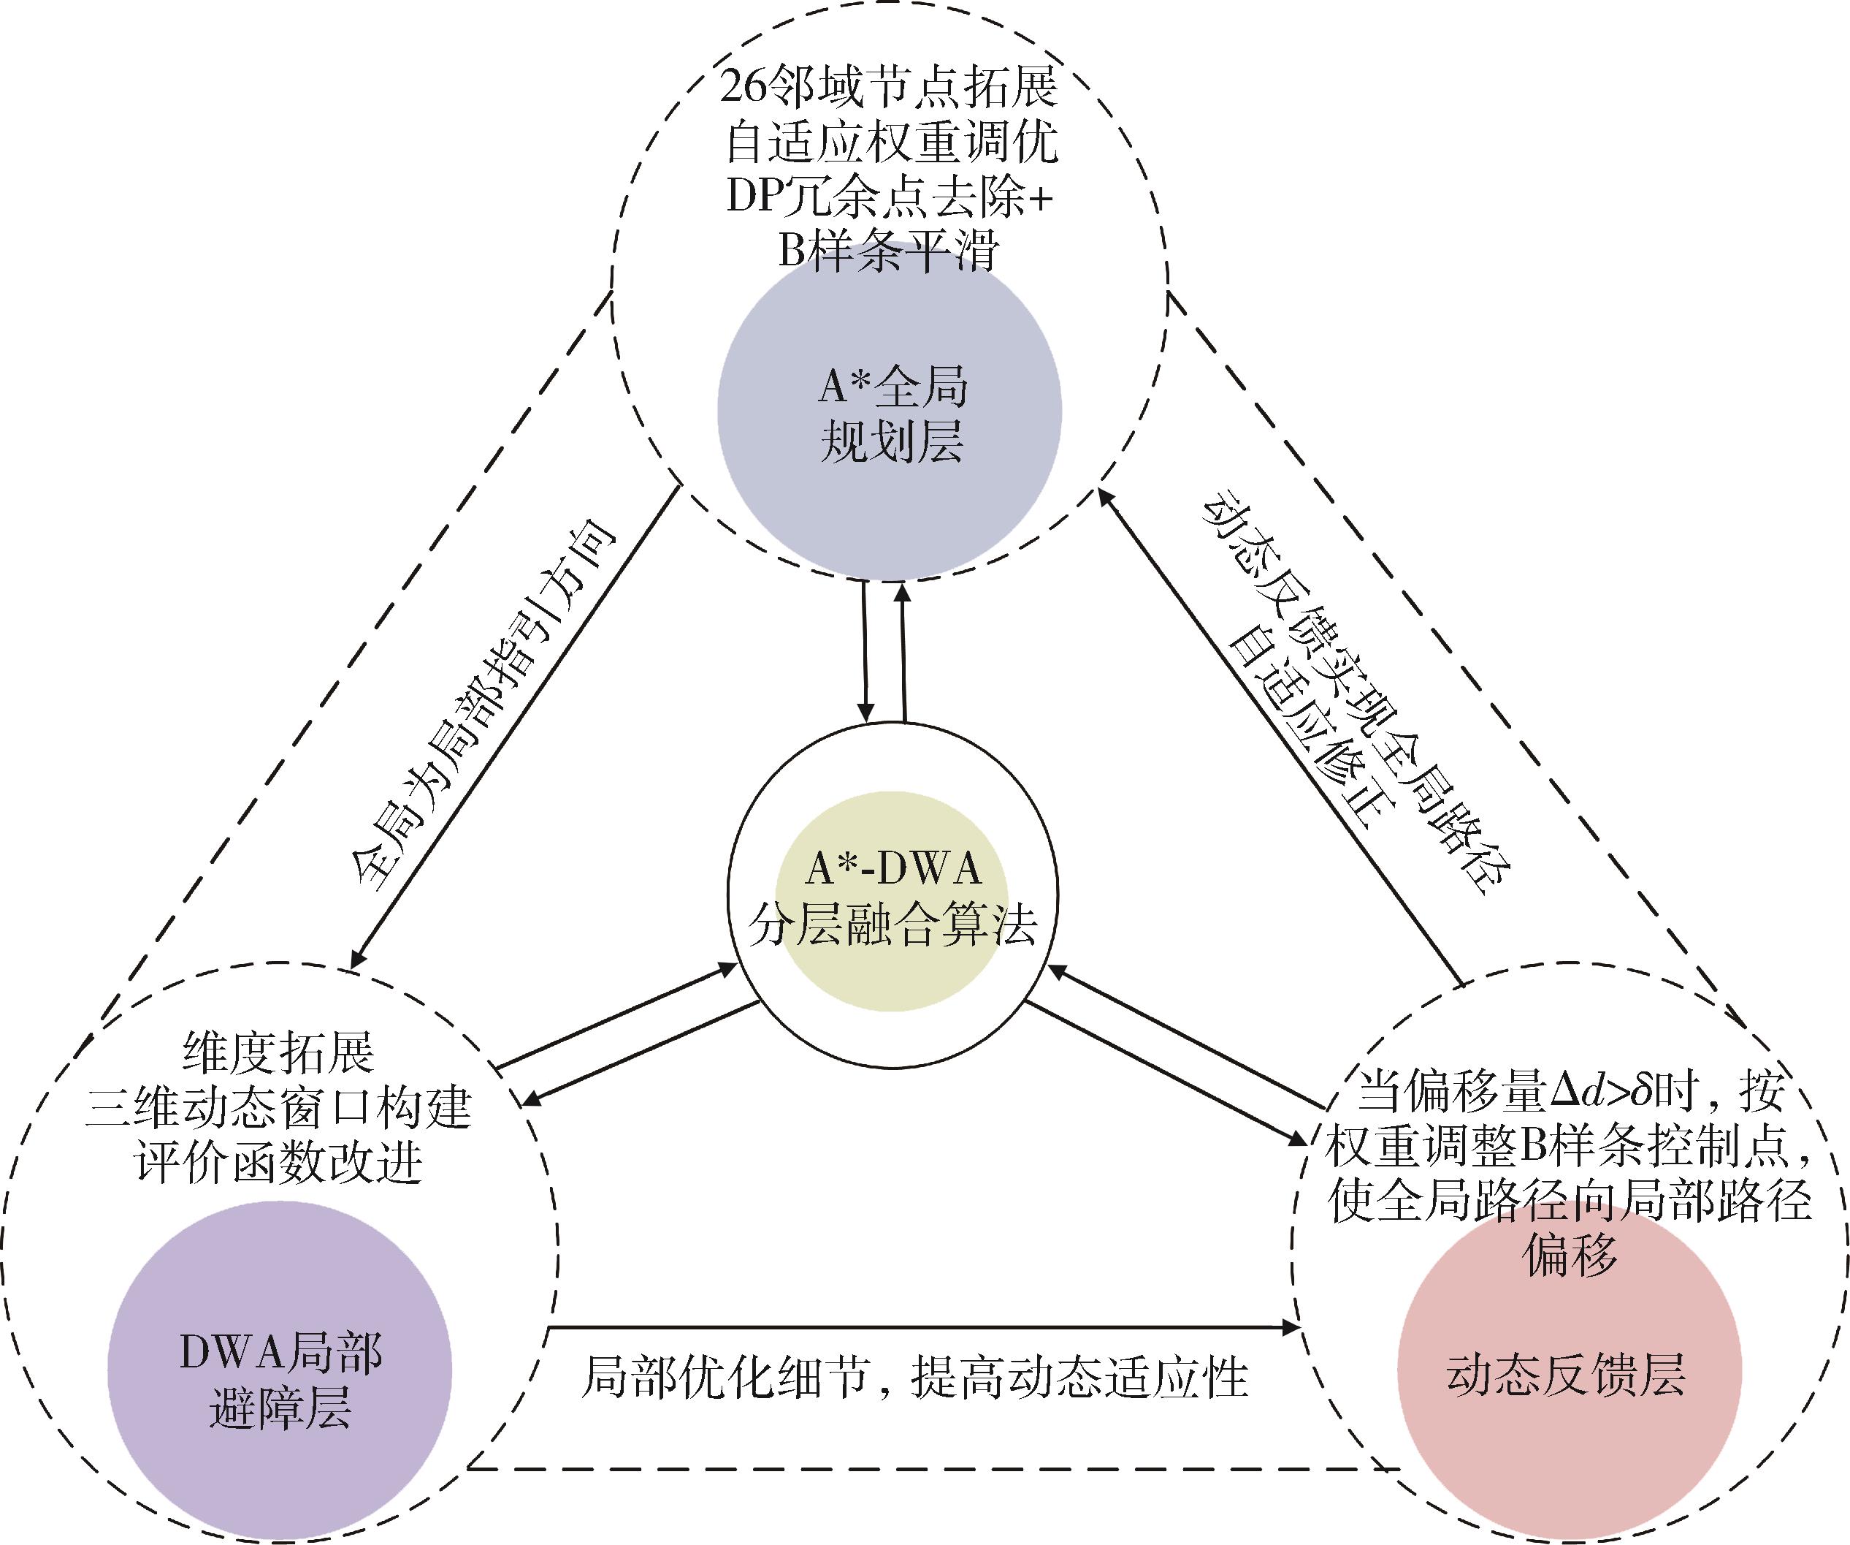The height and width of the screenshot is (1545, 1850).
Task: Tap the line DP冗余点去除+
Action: [x=890, y=196]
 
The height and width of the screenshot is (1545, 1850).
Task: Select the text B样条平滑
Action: [x=890, y=251]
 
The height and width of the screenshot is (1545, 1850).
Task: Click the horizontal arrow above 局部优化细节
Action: [x=925, y=1326]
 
